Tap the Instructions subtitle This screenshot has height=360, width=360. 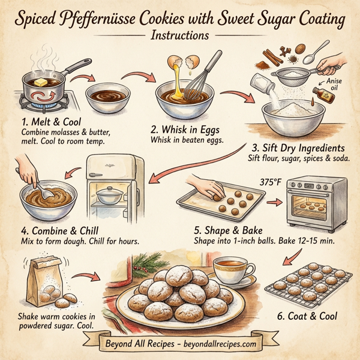point(180,35)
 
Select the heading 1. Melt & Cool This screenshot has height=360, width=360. point(46,122)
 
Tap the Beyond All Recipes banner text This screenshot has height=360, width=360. point(179,346)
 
